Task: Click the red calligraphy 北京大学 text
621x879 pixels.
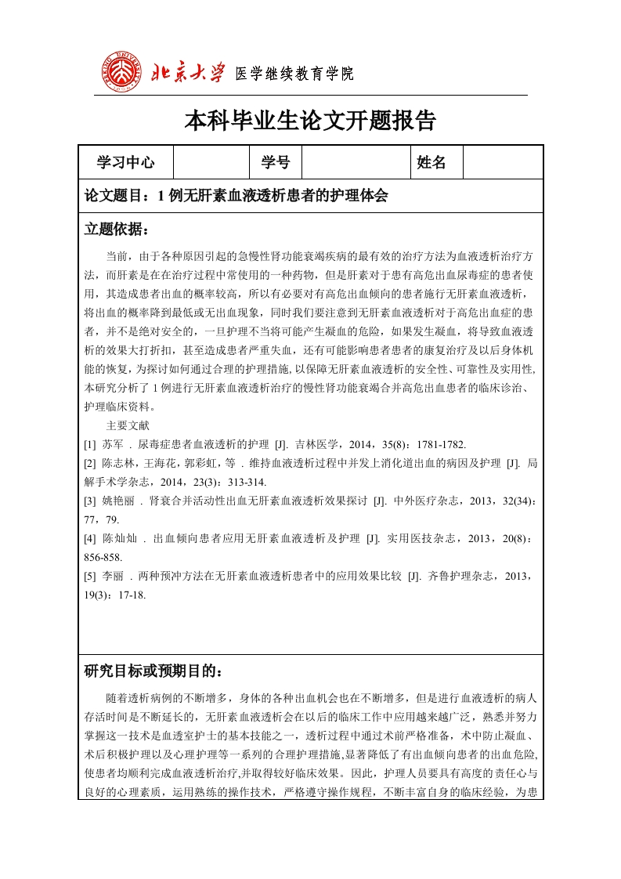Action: pyautogui.click(x=187, y=73)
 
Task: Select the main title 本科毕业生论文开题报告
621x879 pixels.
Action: pyautogui.click(x=310, y=121)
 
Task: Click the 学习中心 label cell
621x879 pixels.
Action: pyautogui.click(x=125, y=162)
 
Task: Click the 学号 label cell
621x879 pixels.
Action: pyautogui.click(x=275, y=162)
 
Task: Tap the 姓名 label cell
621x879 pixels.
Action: pyautogui.click(x=431, y=162)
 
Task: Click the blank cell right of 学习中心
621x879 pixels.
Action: pyautogui.click(x=211, y=162)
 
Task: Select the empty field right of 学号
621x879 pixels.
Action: pyautogui.click(x=356, y=162)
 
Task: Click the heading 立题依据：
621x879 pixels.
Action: pyautogui.click(x=116, y=229)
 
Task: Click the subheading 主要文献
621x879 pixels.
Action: pyautogui.click(x=127, y=425)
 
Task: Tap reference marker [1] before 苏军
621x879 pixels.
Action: pyautogui.click(x=89, y=444)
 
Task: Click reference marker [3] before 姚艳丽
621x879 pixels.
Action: pyautogui.click(x=89, y=501)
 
